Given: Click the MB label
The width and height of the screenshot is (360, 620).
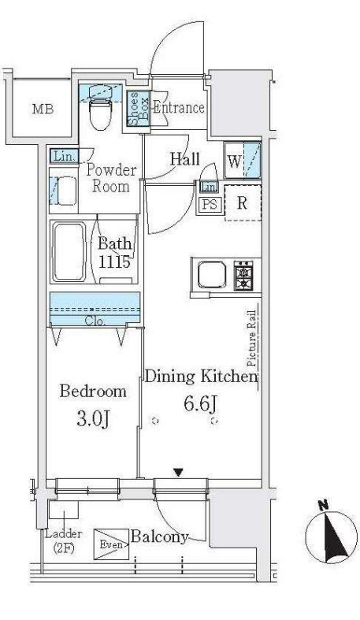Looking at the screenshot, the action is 43,110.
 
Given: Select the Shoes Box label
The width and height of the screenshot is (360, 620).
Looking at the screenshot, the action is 139,109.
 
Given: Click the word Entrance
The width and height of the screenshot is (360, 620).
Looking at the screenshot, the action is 178,108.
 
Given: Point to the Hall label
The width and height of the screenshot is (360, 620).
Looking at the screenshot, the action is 184,159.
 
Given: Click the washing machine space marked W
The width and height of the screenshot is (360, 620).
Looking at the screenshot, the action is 243,161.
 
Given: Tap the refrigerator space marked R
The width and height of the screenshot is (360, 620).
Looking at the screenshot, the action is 243,202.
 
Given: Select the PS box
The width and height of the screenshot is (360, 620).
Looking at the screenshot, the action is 210,204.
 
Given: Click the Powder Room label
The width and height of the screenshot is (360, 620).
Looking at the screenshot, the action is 111,178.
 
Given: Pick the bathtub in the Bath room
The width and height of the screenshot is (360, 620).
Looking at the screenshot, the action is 69,252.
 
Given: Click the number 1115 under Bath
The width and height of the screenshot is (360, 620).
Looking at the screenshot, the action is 114,262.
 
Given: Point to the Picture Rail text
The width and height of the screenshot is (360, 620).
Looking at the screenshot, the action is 251,339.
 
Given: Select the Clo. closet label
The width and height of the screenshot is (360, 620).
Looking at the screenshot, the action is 95,321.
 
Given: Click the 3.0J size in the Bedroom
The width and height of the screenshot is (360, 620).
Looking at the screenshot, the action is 92,419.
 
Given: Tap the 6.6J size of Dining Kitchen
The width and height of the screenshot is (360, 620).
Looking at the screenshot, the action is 200,404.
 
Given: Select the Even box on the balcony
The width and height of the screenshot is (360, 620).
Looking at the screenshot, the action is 111,544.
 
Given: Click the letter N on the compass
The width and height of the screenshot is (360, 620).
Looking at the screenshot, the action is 323,505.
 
